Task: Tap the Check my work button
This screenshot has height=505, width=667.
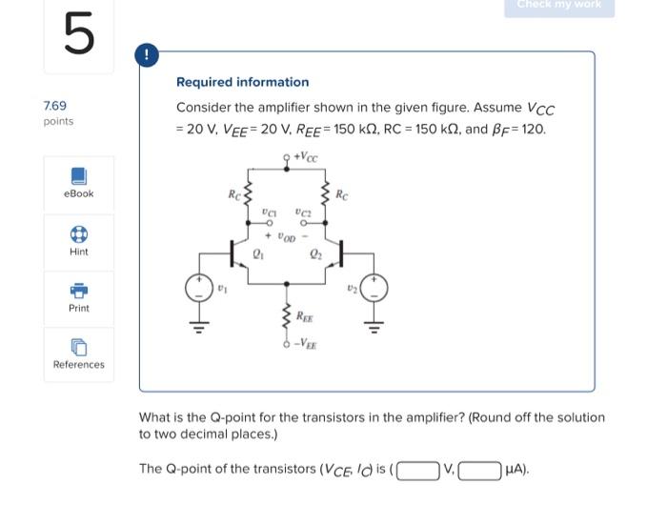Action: [x=559, y=6]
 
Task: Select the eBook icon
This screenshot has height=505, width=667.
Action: [x=79, y=176]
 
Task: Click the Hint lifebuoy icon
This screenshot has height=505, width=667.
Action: [x=79, y=234]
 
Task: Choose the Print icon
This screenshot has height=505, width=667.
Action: [x=79, y=291]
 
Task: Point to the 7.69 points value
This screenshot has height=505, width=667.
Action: [x=55, y=106]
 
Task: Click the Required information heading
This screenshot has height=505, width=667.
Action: [x=242, y=82]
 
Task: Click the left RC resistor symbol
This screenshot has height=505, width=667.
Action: [x=250, y=196]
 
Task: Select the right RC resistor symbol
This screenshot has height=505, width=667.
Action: [x=326, y=196]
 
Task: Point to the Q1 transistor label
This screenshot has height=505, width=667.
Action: [x=257, y=253]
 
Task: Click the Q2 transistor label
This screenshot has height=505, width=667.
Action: [x=315, y=253]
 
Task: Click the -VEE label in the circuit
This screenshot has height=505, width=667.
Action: [x=307, y=349]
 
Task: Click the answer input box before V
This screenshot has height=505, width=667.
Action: [x=418, y=469]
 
